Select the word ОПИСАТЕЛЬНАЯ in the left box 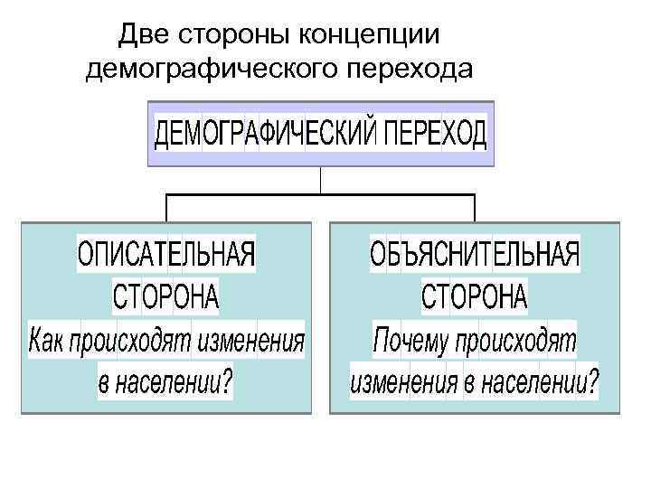(x=166, y=254)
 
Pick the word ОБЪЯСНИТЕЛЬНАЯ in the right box (x=475, y=254)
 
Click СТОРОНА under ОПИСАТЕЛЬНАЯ (x=166, y=296)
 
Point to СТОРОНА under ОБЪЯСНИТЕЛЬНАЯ (x=476, y=296)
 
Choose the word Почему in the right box (x=411, y=342)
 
